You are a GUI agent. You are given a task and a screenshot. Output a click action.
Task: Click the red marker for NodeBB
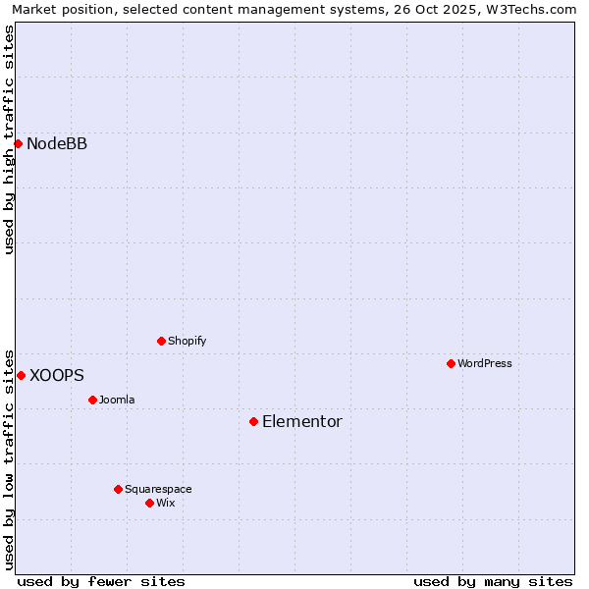pyautogui.click(x=18, y=143)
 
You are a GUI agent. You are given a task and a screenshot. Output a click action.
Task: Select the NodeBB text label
pyautogui.click(x=57, y=144)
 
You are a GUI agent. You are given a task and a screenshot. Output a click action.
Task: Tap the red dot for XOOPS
pyautogui.click(x=21, y=375)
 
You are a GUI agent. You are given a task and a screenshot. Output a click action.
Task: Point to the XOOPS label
pyautogui.click(x=57, y=376)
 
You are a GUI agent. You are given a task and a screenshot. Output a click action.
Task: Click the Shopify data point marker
pyautogui.click(x=161, y=341)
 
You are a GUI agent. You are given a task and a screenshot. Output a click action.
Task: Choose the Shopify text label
pyautogui.click(x=187, y=342)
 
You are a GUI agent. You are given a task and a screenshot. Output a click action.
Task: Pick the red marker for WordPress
pyautogui.click(x=451, y=363)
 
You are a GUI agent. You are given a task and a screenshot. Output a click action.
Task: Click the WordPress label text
pyautogui.click(x=485, y=364)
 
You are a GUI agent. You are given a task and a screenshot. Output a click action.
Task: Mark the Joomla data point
pyautogui.click(x=92, y=400)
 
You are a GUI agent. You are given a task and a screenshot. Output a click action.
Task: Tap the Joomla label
pyautogui.click(x=117, y=401)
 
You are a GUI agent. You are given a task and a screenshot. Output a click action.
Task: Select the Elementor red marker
pyautogui.click(x=253, y=421)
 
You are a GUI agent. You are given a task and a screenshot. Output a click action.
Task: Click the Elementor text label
pyautogui.click(x=302, y=422)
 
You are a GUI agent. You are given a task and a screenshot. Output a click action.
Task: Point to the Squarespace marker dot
pyautogui.click(x=118, y=489)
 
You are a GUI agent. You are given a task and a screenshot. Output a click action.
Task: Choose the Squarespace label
pyautogui.click(x=158, y=490)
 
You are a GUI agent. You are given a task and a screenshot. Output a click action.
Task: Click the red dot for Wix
pyautogui.click(x=149, y=503)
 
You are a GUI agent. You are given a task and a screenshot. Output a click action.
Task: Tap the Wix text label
pyautogui.click(x=166, y=504)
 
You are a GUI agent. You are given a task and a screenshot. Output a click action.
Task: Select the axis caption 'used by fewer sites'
pyautogui.click(x=101, y=581)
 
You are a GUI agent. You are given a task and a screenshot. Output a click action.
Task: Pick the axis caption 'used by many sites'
pyautogui.click(x=493, y=581)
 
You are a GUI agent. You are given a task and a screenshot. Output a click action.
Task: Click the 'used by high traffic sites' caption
pyautogui.click(x=9, y=139)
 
